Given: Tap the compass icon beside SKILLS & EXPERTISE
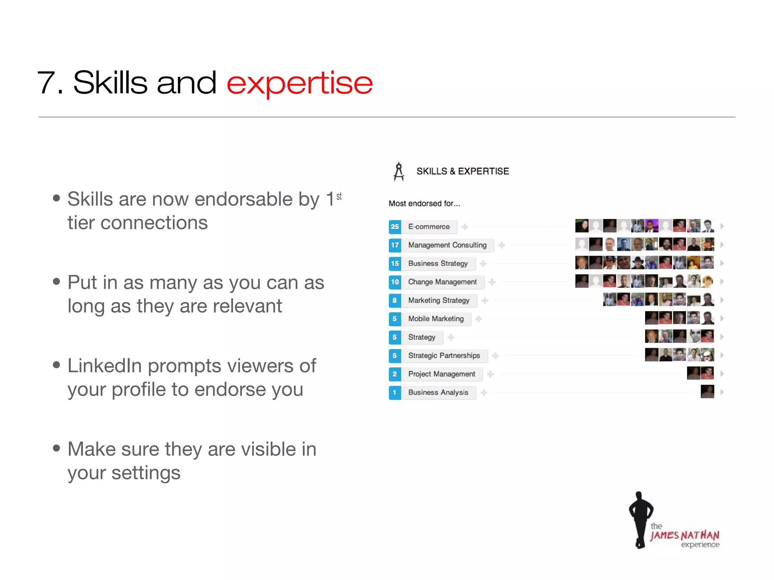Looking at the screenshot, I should click(399, 172).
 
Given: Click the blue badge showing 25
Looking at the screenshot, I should click(395, 227).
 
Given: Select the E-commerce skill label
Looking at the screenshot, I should click(429, 227).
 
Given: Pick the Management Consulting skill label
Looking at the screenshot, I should click(447, 245).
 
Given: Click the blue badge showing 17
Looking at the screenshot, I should click(395, 245).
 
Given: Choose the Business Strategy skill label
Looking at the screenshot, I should click(438, 264).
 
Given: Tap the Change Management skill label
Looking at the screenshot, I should click(442, 282).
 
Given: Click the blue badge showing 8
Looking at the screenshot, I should click(395, 301).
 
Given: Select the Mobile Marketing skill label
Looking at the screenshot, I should click(436, 319).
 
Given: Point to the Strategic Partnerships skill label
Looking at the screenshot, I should click(444, 356).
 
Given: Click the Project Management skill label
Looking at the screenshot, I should click(441, 374).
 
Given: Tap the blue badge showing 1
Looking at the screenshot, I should click(395, 393).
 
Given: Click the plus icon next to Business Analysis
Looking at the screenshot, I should click(484, 393).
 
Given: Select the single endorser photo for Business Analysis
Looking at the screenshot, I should click(707, 392).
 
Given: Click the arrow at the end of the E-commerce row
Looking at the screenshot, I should click(722, 226).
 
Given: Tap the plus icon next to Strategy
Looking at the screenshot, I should click(451, 337).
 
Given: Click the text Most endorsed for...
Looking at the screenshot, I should click(424, 204).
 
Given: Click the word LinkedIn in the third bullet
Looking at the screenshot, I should click(104, 366).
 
